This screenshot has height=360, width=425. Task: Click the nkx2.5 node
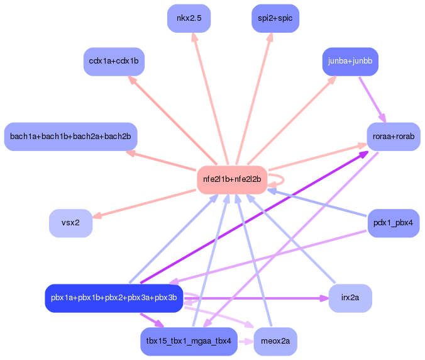(x=189, y=18)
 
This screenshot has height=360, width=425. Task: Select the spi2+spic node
(x=275, y=18)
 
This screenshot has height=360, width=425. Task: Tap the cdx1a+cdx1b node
(x=114, y=62)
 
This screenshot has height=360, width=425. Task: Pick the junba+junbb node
(x=350, y=62)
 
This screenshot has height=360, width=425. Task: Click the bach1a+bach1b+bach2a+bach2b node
(x=71, y=137)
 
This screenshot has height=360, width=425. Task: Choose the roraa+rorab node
(x=394, y=137)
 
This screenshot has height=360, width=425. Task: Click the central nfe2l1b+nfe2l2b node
(x=232, y=180)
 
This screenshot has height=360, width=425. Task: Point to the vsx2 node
(x=71, y=223)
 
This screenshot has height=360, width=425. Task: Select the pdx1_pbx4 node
(x=394, y=223)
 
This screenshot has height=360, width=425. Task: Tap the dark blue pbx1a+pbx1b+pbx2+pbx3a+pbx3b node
(x=114, y=298)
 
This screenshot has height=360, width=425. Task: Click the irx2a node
(x=350, y=298)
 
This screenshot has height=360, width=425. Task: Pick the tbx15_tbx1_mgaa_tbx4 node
(x=189, y=341)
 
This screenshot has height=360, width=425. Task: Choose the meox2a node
(x=275, y=341)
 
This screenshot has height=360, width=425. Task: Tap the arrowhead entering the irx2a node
(x=324, y=298)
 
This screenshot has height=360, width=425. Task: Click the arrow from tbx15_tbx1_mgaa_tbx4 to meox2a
(x=246, y=341)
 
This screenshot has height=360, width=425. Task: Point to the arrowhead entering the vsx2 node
(x=97, y=216)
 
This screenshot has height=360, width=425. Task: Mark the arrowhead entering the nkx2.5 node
(x=194, y=37)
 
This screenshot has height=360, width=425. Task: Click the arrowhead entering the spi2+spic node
(x=270, y=37)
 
